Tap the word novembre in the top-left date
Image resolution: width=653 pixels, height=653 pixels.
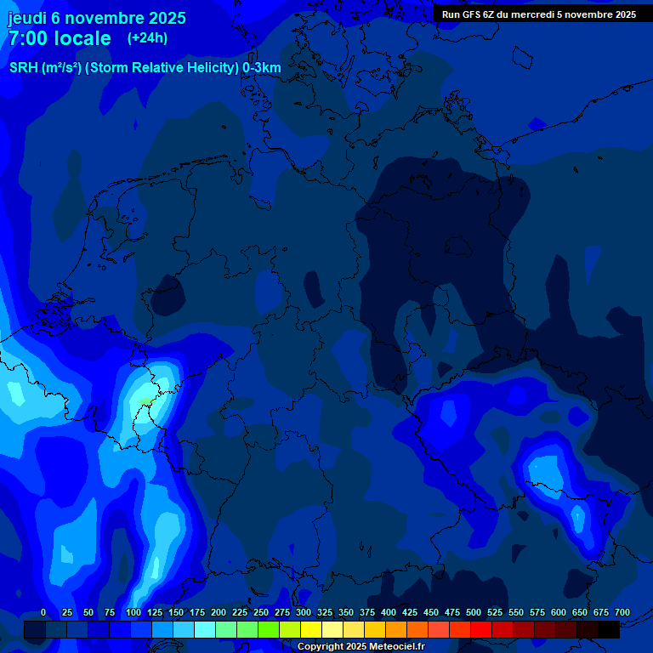point(105,18)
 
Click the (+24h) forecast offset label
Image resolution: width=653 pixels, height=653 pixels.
point(147,38)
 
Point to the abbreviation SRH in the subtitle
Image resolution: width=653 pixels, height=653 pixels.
point(24,68)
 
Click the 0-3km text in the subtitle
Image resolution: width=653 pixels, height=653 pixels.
point(262,68)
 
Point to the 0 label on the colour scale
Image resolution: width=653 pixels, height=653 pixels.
point(43,612)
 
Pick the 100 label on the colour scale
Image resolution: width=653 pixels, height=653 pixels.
point(133,612)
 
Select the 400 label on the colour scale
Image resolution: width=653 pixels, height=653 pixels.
point(389,612)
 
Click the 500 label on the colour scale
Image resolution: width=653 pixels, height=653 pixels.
point(474,612)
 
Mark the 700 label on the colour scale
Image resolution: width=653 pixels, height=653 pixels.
point(622,612)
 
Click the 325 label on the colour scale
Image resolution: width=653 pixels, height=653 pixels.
point(325,612)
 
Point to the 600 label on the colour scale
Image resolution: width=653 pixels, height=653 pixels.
point(559,612)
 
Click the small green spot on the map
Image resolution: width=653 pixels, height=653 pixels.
point(145,400)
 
